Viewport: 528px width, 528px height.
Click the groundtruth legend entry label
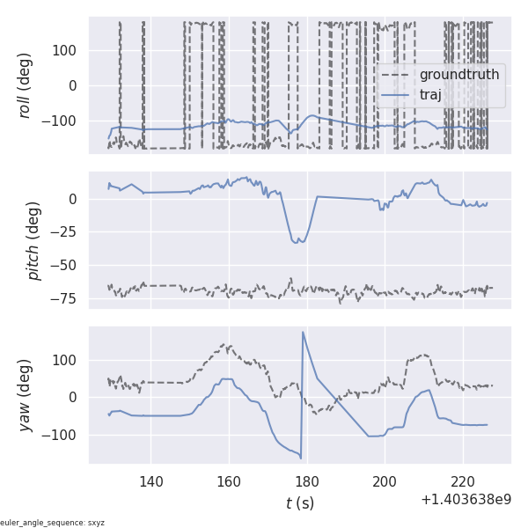point(458,75)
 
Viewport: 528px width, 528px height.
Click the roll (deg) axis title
point(26,85)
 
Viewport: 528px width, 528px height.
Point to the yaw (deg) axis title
point(26,395)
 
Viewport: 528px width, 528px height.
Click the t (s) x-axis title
point(299,503)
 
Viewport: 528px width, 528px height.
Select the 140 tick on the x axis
point(151,481)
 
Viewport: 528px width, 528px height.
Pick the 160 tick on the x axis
point(229,481)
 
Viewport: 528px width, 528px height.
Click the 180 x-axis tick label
point(307,481)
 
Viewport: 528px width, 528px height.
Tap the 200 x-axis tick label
point(385,481)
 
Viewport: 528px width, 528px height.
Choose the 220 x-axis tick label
point(463,481)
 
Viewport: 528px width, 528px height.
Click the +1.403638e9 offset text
point(466,500)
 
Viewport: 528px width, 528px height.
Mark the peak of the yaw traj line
point(303,333)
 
